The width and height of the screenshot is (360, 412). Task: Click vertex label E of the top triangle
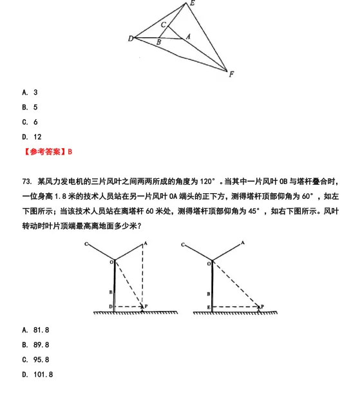[191, 4]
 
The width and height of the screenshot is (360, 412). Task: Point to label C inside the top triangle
[164, 25]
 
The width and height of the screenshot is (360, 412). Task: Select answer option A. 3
[30, 93]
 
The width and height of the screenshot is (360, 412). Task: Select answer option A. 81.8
[35, 330]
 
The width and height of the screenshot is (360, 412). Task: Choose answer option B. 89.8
[35, 344]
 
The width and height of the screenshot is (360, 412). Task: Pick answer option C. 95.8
[35, 359]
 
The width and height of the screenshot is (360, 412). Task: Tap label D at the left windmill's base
[110, 306]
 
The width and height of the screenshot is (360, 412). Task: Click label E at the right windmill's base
[209, 307]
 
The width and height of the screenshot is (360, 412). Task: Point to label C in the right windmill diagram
[184, 245]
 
